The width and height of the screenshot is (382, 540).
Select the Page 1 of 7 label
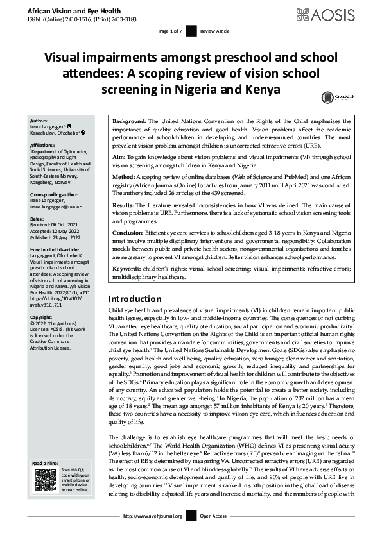pos(170,31)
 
